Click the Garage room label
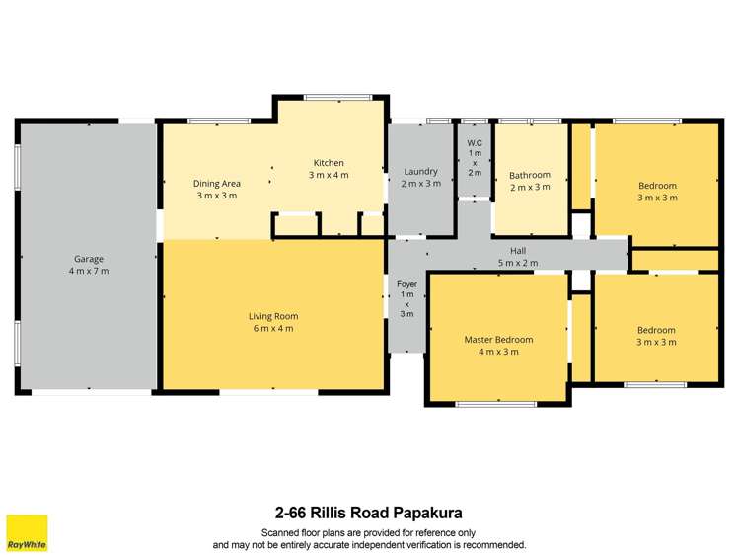tap(89, 259)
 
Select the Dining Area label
tap(217, 183)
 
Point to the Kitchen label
tap(329, 163)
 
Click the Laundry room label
tap(421, 171)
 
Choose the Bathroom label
tap(530, 175)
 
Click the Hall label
tap(518, 251)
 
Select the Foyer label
tap(406, 284)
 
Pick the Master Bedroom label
tap(498, 340)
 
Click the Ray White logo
tap(27, 531)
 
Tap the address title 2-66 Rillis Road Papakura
tap(368, 513)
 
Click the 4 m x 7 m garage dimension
tap(89, 271)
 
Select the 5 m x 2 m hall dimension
tap(518, 263)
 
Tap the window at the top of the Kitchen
tap(327, 97)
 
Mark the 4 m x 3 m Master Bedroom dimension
tap(498, 352)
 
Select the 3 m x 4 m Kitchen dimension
tap(329, 175)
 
